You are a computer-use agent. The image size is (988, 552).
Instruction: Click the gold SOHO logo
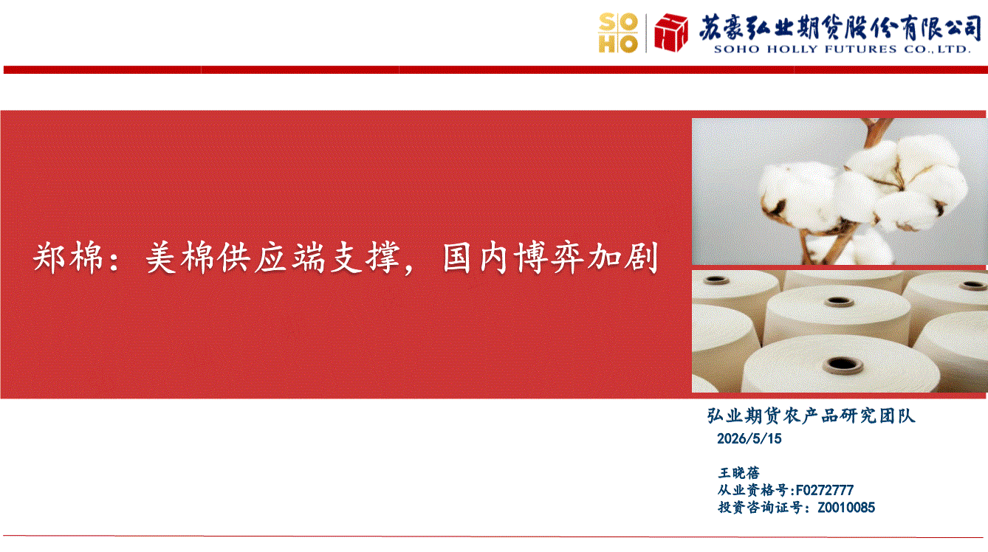point(618,33)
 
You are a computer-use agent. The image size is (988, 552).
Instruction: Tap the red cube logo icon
point(671,32)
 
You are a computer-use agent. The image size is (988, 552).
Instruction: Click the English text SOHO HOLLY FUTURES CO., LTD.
point(842,49)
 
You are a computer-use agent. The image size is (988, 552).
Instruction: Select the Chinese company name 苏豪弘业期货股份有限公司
point(840,27)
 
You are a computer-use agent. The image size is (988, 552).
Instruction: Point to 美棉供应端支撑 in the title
point(272,258)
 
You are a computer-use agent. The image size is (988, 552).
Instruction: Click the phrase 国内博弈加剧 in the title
point(549,258)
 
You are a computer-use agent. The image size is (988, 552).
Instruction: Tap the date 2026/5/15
point(749,438)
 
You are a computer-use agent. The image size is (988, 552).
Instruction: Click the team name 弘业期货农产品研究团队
point(811,415)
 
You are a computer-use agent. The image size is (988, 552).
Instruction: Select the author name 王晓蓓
point(739,473)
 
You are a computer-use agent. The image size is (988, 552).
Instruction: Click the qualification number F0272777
point(824,490)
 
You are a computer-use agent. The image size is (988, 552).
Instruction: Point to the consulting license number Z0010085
point(846,508)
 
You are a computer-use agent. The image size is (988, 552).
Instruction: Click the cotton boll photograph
point(839,191)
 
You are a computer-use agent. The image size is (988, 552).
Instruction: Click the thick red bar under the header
point(495,69)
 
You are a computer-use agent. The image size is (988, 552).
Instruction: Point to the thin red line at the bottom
point(493,537)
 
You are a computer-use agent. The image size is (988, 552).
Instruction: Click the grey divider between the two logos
point(646,33)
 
